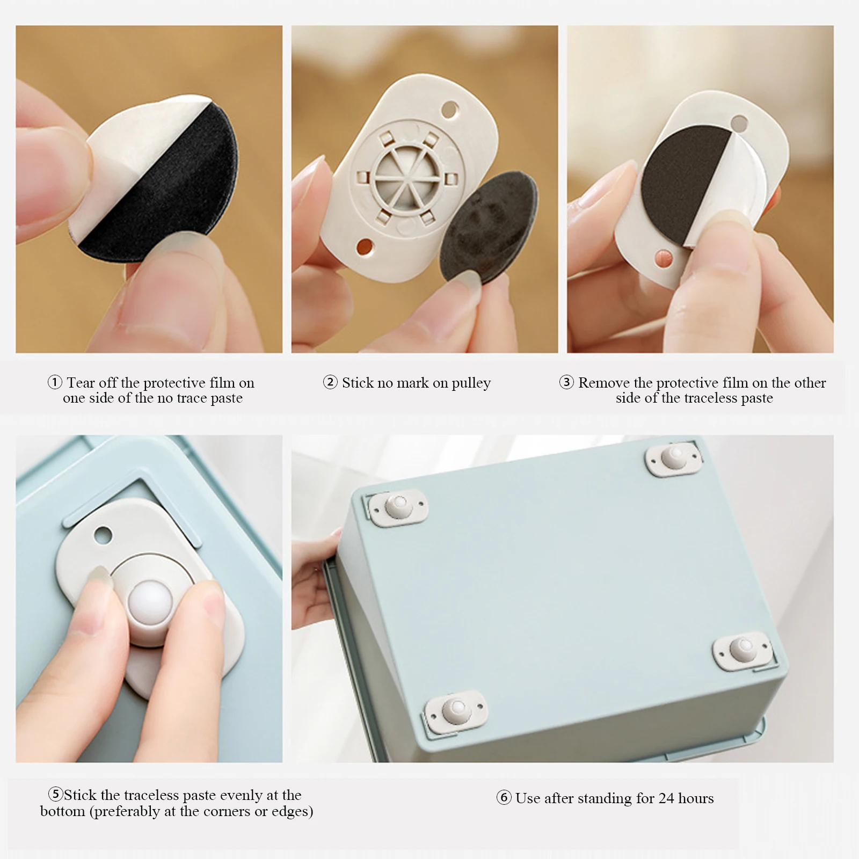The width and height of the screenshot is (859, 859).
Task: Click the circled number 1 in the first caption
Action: (55, 383)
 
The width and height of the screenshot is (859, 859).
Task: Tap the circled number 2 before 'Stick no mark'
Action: (330, 383)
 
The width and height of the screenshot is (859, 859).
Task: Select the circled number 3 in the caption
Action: (566, 383)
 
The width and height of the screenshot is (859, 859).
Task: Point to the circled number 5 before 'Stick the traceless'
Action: (56, 795)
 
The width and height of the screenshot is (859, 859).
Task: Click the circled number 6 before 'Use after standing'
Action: (504, 798)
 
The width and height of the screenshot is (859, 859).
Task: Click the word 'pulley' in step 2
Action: (471, 384)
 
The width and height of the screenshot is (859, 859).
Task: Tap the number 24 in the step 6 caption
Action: (666, 798)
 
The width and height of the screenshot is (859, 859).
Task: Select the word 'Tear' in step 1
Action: (81, 383)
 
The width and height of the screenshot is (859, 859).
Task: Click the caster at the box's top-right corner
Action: (674, 458)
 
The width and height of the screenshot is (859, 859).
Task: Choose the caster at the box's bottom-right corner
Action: (742, 650)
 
